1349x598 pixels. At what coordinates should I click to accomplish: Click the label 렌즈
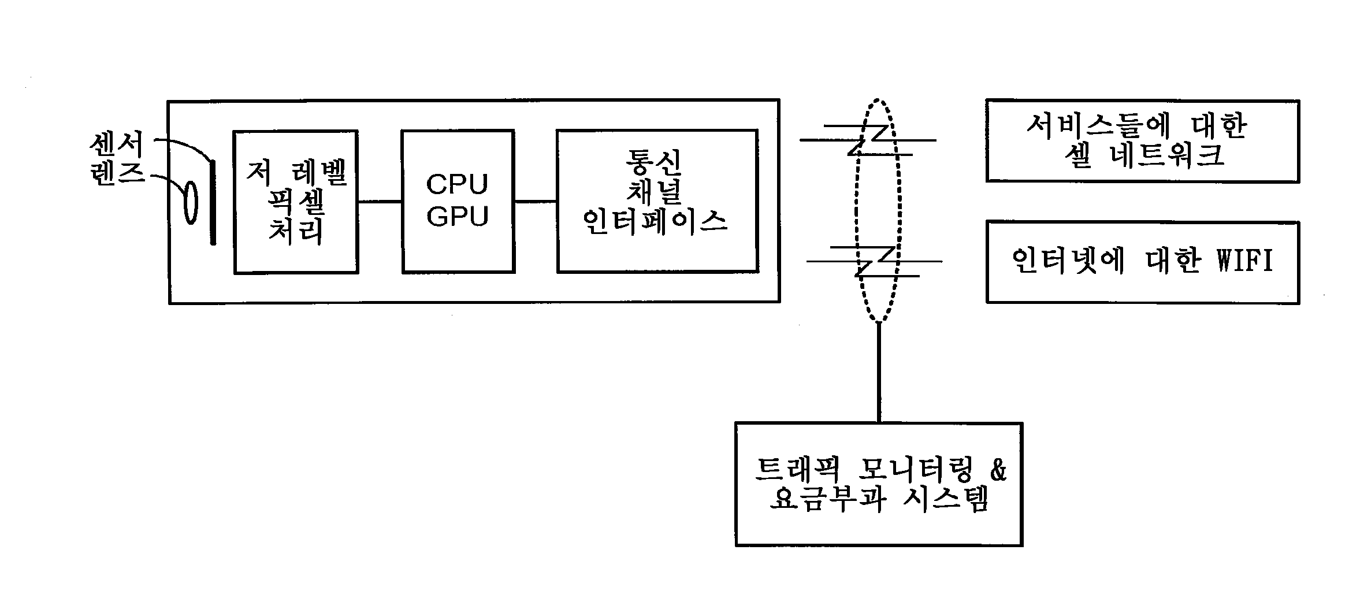click(x=117, y=173)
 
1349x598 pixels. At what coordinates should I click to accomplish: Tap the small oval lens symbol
click(x=191, y=203)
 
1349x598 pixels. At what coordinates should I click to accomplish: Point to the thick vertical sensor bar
click(x=213, y=202)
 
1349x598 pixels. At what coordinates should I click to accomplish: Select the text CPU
click(x=457, y=184)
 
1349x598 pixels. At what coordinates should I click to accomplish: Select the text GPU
click(x=457, y=216)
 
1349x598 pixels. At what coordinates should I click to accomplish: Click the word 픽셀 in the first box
click(x=296, y=203)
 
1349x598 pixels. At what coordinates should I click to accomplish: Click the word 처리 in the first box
click(x=296, y=232)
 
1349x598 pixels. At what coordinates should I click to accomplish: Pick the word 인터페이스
click(x=655, y=222)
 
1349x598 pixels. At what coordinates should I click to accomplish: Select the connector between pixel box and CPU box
click(x=380, y=202)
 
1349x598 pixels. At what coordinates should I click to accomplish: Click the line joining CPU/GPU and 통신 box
click(x=535, y=202)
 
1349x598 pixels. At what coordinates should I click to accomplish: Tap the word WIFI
click(x=1245, y=261)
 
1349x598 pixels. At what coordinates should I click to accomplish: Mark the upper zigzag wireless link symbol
click(x=868, y=140)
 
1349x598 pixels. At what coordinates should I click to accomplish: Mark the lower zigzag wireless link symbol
click(x=874, y=261)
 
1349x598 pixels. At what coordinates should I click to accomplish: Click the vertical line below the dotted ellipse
click(x=879, y=373)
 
